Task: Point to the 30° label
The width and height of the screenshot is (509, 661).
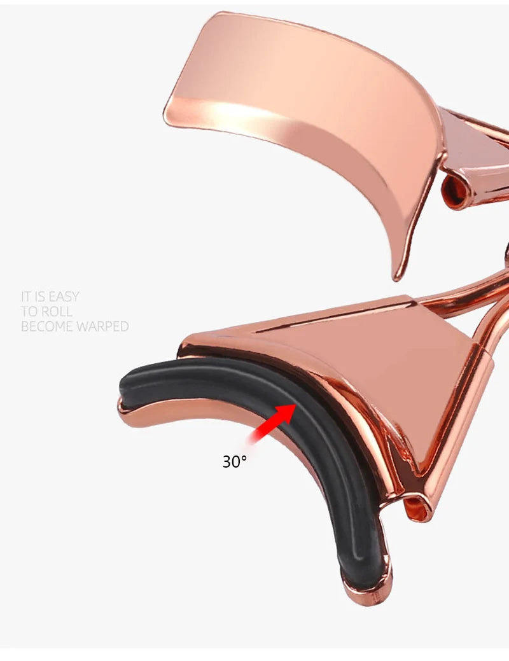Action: tap(235, 462)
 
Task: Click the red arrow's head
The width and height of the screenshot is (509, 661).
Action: tap(287, 412)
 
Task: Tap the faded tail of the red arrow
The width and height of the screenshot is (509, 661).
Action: tap(253, 438)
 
